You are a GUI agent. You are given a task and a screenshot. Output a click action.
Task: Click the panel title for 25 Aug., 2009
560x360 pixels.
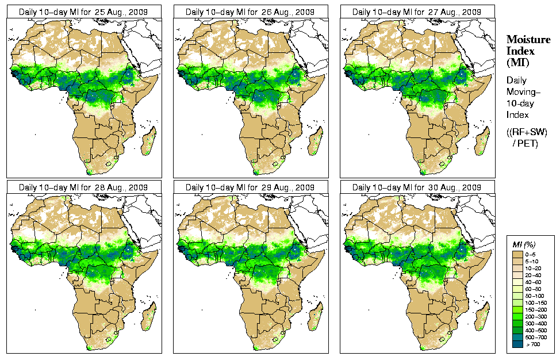pyautogui.click(x=83, y=12)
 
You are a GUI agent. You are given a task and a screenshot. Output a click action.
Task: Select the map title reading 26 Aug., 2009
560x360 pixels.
pyautogui.click(x=250, y=12)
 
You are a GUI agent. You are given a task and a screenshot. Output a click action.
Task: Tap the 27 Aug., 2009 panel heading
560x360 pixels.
pyautogui.click(x=417, y=12)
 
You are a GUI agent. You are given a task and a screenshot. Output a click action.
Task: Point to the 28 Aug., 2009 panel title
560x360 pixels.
pyautogui.click(x=83, y=187)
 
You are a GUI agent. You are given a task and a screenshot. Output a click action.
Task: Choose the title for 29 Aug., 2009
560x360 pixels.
pyautogui.click(x=250, y=187)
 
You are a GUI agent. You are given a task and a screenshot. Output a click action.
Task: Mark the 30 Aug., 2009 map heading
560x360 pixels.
pyautogui.click(x=417, y=187)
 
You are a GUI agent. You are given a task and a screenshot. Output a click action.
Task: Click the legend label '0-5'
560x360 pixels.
pyautogui.click(x=535, y=254)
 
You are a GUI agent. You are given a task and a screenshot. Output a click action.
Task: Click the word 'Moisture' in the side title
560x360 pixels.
pyautogui.click(x=528, y=39)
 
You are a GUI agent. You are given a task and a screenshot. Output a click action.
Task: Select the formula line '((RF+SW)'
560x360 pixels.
pyautogui.click(x=527, y=132)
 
